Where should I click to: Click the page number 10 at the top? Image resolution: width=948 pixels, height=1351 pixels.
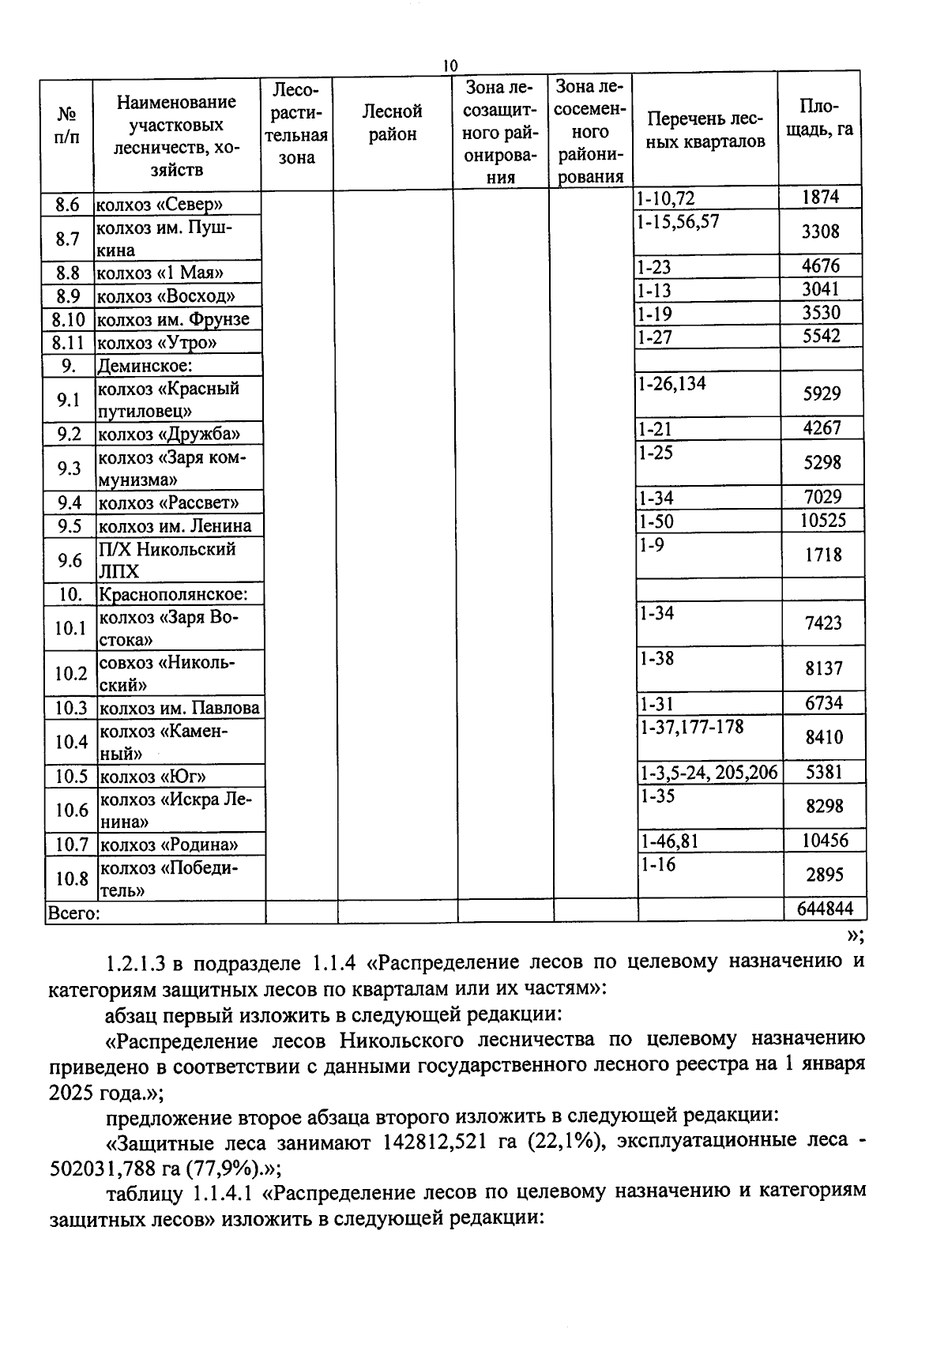point(450,66)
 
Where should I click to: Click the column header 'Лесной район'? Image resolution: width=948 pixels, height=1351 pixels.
point(392,122)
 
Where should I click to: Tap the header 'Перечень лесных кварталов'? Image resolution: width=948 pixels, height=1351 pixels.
point(705,130)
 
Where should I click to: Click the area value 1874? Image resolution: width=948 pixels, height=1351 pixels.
point(820,197)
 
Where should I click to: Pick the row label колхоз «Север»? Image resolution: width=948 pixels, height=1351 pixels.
point(160,205)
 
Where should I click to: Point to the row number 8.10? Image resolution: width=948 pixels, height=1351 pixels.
point(68,320)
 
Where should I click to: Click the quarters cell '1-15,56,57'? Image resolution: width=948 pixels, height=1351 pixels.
point(678,221)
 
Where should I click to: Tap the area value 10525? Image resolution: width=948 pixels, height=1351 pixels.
point(822,520)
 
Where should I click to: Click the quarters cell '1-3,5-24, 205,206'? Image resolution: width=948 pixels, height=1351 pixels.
point(709,772)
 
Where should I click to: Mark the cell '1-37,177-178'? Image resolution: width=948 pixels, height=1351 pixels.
point(692,727)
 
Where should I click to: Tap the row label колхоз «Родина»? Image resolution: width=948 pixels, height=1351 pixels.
point(168,845)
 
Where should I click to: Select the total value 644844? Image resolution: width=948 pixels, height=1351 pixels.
point(825,909)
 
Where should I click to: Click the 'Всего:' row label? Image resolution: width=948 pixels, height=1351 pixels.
point(73,914)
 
